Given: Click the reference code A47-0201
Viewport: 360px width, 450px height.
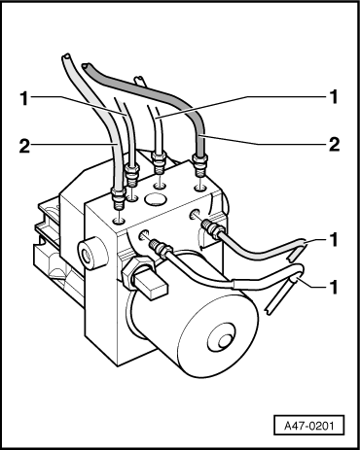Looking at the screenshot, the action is point(308,425).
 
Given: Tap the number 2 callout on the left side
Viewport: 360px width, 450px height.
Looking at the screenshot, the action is point(24,146).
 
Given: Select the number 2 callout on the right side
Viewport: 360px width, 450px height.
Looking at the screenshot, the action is point(334,144).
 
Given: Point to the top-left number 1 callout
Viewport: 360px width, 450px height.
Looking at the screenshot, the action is point(24,98).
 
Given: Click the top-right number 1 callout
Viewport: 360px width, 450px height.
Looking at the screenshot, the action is point(334,96).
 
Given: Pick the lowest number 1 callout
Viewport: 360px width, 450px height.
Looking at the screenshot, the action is point(334,287).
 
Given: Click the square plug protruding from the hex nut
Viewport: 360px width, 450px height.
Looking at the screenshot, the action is point(153,285).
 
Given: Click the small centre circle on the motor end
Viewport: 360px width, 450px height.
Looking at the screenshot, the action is point(224,341).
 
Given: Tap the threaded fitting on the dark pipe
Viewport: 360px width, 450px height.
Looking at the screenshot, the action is point(199,165).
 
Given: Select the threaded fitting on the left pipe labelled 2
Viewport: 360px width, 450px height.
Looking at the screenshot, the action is point(119,198).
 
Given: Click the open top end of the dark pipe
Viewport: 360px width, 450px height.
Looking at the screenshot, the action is point(87,66).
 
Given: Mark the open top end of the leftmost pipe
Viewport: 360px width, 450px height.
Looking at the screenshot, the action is point(65,57).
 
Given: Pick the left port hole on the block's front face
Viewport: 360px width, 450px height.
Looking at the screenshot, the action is point(144,234).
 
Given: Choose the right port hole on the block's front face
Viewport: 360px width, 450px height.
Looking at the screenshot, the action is point(195,215).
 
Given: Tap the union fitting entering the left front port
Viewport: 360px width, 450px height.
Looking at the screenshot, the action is point(161,248).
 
